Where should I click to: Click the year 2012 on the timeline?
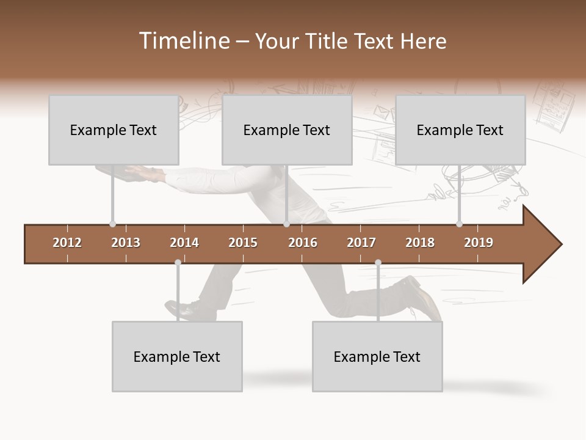click(67, 243)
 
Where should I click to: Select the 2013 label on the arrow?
click(126, 243)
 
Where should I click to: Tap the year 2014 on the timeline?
click(184, 243)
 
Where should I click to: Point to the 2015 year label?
click(243, 243)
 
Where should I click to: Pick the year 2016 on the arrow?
click(303, 243)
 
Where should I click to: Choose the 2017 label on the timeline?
click(361, 243)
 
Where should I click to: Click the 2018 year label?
click(420, 243)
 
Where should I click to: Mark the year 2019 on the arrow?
click(479, 243)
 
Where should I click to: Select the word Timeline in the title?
click(183, 41)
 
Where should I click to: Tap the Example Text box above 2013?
click(114, 130)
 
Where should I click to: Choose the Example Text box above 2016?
click(287, 130)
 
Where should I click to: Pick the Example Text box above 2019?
click(460, 130)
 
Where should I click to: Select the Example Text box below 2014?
click(177, 356)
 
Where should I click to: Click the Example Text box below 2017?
click(377, 356)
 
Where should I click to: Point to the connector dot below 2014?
click(178, 262)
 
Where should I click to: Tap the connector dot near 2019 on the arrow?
click(459, 224)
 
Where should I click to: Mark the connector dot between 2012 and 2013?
click(112, 224)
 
